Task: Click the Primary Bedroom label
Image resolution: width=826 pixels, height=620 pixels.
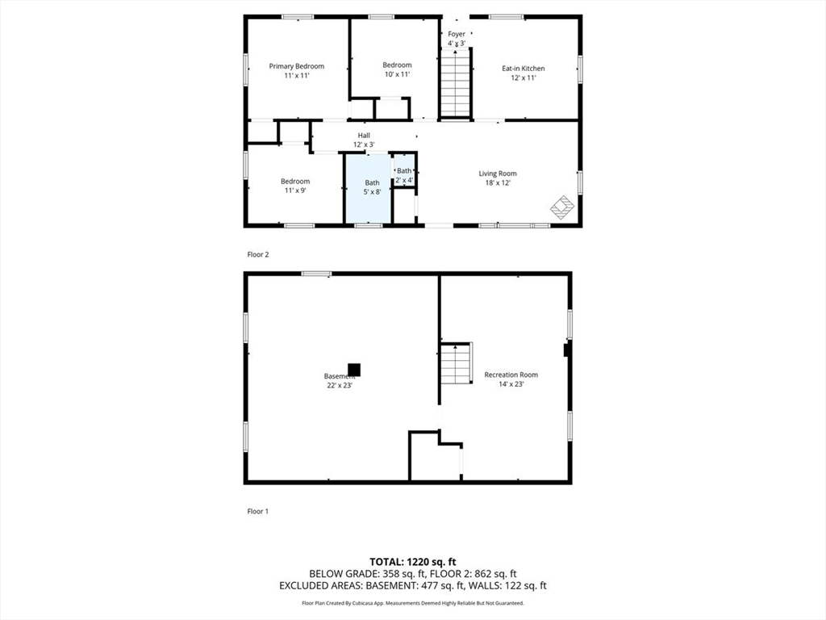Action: tap(297, 66)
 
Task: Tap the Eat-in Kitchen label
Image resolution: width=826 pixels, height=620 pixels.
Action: tap(523, 69)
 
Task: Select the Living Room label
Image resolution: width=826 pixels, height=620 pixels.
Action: tap(498, 174)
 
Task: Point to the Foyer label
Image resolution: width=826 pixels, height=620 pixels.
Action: tap(457, 34)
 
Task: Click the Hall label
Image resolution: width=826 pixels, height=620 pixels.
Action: tap(364, 135)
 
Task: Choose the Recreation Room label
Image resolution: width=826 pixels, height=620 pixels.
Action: tap(511, 375)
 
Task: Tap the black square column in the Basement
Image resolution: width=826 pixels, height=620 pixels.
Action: tap(354, 370)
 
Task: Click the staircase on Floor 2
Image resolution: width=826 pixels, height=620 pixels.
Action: tap(456, 83)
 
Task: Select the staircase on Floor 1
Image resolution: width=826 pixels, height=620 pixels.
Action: tap(456, 363)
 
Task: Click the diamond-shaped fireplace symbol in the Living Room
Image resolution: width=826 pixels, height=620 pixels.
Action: tap(562, 207)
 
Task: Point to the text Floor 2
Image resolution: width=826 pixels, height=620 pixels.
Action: tap(258, 254)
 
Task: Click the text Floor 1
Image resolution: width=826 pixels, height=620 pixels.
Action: tap(258, 511)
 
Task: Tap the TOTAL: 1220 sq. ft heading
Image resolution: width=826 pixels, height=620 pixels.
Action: tap(413, 561)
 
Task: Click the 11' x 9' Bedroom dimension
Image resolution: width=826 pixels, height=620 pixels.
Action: tap(295, 191)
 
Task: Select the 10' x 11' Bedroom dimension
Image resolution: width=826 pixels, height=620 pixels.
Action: tap(397, 74)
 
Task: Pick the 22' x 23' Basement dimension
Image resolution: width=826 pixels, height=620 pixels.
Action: tap(339, 386)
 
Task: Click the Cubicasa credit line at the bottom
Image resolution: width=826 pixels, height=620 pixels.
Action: tap(413, 603)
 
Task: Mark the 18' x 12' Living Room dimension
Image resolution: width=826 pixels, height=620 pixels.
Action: tap(498, 183)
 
